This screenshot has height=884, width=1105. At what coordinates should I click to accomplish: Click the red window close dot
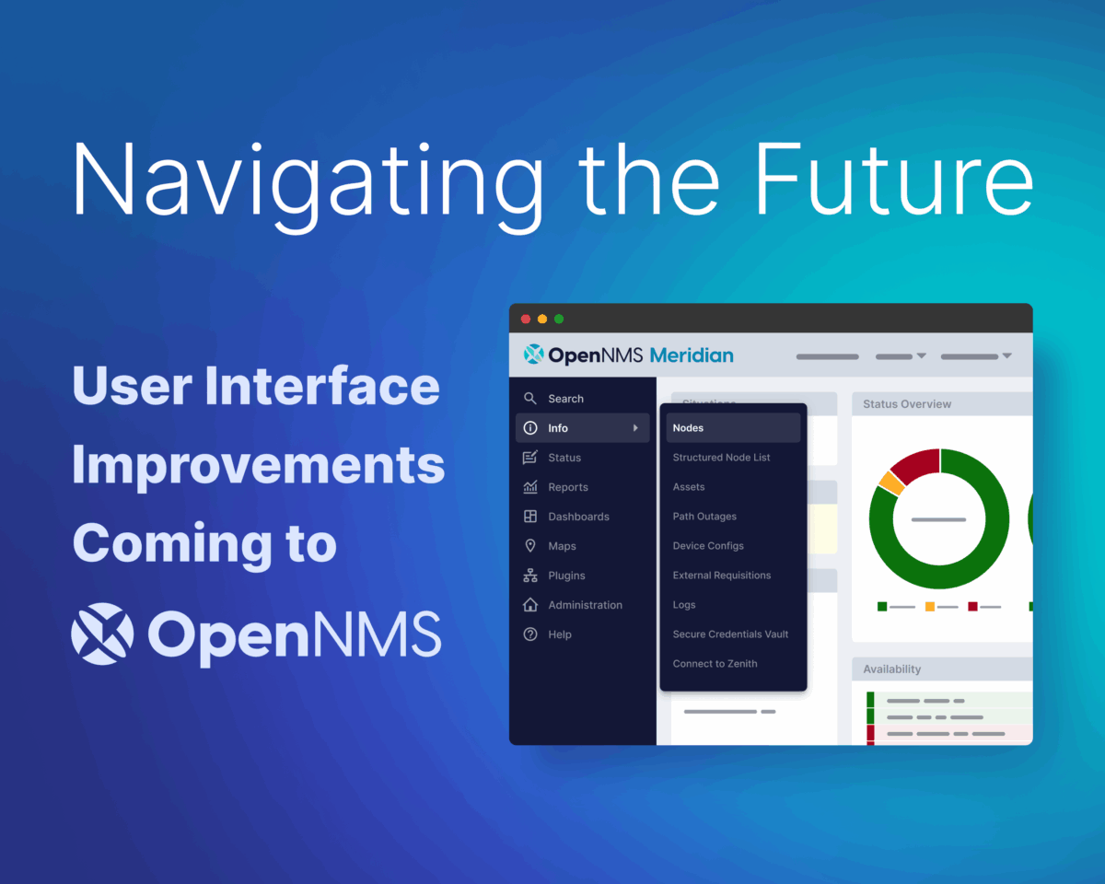(x=526, y=319)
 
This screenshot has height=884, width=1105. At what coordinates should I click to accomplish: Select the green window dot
(x=559, y=319)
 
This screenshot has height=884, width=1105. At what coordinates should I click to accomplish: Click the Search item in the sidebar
(x=565, y=399)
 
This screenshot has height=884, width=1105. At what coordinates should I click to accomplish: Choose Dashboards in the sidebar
(x=578, y=517)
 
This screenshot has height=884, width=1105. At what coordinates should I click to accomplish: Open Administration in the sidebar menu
(x=585, y=605)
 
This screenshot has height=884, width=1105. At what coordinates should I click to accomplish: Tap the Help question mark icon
(x=530, y=634)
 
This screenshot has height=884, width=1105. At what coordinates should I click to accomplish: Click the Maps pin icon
(x=530, y=546)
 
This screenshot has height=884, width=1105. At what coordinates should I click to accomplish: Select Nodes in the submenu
(x=689, y=428)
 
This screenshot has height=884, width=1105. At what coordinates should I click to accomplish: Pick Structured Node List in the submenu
(x=721, y=458)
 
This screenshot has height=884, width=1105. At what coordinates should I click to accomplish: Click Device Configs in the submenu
(x=708, y=546)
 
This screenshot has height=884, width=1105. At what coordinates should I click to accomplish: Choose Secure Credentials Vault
(x=730, y=634)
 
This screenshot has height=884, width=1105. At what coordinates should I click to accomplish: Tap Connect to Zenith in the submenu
(x=715, y=664)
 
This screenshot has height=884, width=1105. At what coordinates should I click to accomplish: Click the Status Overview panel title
(x=907, y=404)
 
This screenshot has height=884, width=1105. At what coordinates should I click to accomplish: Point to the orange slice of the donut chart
(x=890, y=482)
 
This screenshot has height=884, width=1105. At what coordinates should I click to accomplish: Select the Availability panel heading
(x=891, y=669)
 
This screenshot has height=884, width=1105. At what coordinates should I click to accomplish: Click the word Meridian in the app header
(x=691, y=355)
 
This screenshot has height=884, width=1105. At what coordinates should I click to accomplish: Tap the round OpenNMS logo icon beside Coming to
(x=101, y=634)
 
